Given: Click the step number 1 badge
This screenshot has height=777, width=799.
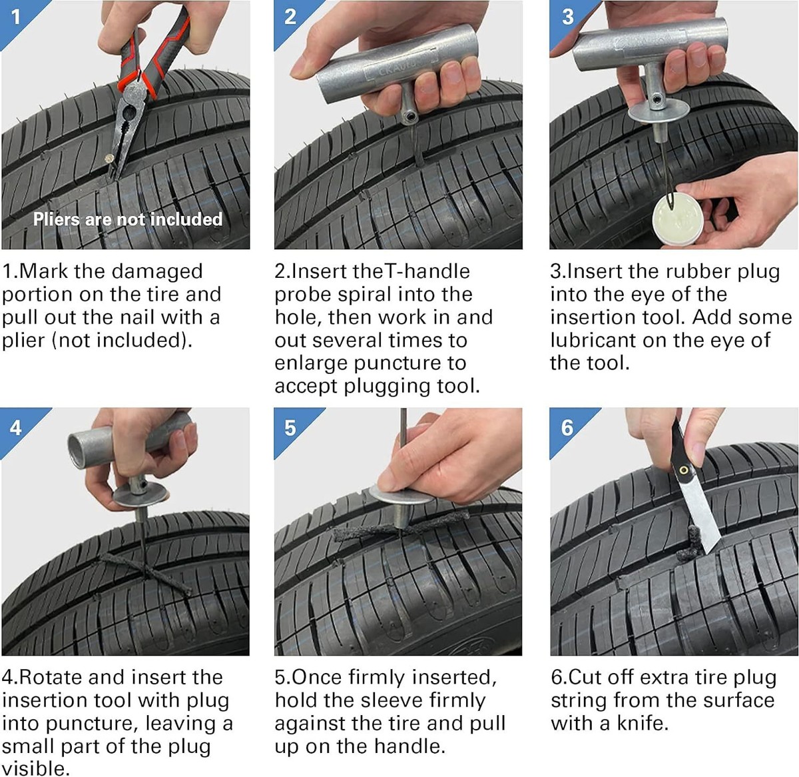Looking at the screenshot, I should pos(15,15).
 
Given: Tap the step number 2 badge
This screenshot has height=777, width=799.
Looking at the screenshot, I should pos(290,16).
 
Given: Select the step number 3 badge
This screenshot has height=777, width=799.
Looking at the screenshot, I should pos(567,16).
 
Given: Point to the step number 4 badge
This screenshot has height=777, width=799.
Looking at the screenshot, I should pos(15,426).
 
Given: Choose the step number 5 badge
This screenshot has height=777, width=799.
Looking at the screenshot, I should pos(290,426).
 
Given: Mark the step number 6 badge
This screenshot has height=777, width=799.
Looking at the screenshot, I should pos(567,426).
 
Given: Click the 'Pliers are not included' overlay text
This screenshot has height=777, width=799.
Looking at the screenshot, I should pos(128,219).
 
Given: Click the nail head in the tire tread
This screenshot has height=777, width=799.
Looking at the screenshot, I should pos(107,158).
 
